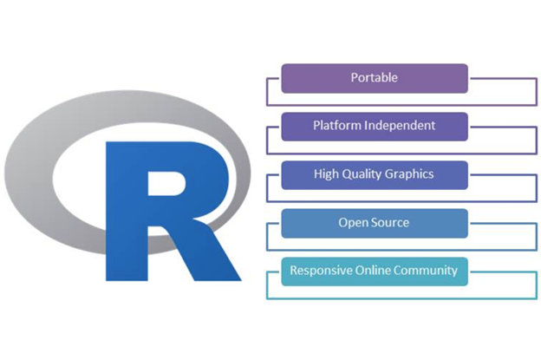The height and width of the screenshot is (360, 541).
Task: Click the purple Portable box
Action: pyautogui.click(x=375, y=78)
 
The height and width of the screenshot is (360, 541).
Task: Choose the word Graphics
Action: pyautogui.click(x=411, y=174)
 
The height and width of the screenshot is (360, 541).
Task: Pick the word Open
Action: pyautogui.click(x=353, y=223)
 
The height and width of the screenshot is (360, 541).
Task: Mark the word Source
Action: pyautogui.click(x=391, y=223)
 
